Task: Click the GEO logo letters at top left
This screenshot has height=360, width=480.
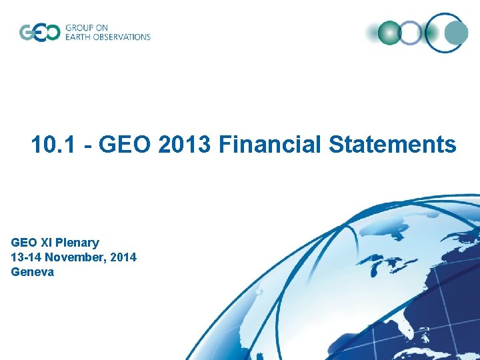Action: pos(39,32)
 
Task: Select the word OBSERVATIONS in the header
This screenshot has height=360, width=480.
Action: pos(123,37)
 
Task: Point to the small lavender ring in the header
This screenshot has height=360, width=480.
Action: pos(409,32)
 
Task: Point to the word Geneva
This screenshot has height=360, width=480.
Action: pos(33,272)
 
